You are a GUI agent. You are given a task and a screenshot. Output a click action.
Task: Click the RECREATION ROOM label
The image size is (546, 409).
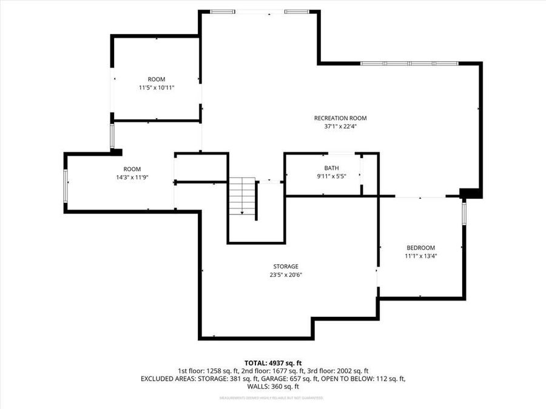point(340,118)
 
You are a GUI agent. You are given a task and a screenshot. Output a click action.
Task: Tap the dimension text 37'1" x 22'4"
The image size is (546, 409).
point(340,127)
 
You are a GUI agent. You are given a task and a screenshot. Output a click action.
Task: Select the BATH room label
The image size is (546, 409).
point(331,168)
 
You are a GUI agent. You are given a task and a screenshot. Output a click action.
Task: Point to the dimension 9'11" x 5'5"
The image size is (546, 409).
point(331,177)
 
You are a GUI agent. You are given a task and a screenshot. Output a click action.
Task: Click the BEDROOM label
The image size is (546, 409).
point(420,248)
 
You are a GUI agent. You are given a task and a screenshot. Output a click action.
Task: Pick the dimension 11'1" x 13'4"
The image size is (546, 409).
point(420,256)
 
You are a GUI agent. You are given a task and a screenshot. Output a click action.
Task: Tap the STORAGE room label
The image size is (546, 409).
point(285,267)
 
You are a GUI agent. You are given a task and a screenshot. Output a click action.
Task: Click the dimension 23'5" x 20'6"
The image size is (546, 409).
point(285,275)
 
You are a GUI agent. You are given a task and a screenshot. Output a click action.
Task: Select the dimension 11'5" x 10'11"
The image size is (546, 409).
point(157,88)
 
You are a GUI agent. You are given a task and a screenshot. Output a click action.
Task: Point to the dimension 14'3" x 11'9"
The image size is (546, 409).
point(132,178)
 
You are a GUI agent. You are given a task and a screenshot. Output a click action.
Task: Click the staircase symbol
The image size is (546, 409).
point(242,194)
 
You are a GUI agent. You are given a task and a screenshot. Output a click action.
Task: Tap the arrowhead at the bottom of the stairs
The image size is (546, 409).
point(242,213)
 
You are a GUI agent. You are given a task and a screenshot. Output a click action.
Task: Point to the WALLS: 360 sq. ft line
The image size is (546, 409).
point(272,387)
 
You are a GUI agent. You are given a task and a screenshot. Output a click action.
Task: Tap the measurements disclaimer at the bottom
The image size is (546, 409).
point(272,398)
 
